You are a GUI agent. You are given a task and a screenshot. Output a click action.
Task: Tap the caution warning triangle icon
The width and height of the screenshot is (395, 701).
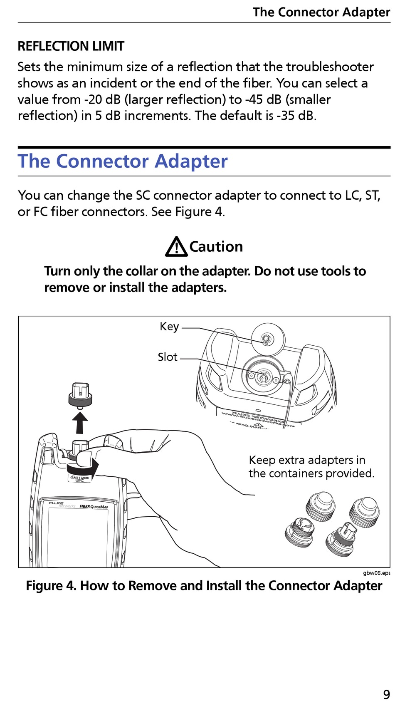coord(176,247)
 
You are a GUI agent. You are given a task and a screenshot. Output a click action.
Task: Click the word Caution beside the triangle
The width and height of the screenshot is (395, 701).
coord(216,247)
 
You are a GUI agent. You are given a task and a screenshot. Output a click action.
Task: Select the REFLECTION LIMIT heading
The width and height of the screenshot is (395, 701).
coord(71,46)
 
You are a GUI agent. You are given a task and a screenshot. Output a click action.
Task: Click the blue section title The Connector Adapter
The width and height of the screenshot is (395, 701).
coord(123,161)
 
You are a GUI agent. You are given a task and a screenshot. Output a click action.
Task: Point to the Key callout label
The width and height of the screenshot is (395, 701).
coord(169,327)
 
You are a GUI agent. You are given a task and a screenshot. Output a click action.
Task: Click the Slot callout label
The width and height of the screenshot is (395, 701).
coord(168,357)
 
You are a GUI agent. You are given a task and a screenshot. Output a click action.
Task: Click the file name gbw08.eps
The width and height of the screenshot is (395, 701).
coord(376,573)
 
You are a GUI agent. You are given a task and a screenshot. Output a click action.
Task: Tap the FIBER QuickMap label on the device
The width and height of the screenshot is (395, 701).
coord(94,507)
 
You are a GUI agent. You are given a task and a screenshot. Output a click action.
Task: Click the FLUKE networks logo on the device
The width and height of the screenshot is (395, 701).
coord(58,504)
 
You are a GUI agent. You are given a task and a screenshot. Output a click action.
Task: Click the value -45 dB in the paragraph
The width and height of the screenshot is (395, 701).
coord(263,99)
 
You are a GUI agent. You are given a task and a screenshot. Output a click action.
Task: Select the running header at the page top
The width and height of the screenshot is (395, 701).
coord(321,12)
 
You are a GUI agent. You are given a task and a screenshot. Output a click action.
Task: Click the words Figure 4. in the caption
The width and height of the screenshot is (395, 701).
coord(51,586)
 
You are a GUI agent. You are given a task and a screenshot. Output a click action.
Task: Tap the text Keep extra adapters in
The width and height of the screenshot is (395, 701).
coord(307,460)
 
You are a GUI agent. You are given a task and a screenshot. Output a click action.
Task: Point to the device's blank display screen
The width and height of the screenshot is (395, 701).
coord(78,537)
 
